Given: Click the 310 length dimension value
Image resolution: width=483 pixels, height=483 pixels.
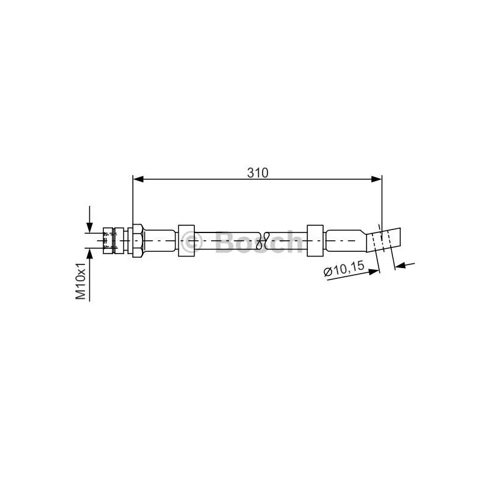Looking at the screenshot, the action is pyautogui.click(x=258, y=173).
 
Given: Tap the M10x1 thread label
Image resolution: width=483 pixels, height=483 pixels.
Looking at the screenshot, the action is pyautogui.click(x=81, y=281).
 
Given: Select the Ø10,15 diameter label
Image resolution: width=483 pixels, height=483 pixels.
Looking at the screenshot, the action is pyautogui.click(x=344, y=269).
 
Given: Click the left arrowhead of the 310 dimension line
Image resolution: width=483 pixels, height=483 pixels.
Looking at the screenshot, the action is pyautogui.click(x=138, y=179).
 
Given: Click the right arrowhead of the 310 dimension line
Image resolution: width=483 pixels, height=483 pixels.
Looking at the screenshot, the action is pyautogui.click(x=376, y=179).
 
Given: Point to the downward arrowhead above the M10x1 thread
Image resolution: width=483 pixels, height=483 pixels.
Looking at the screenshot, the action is pyautogui.click(x=89, y=228).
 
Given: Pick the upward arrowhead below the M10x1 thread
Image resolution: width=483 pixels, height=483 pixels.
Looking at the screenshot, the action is pyautogui.click(x=89, y=254).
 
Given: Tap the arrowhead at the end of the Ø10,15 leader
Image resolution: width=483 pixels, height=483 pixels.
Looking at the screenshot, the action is pyautogui.click(x=374, y=272).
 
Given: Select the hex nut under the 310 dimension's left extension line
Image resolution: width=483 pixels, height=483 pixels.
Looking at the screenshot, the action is pyautogui.click(x=138, y=240).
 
